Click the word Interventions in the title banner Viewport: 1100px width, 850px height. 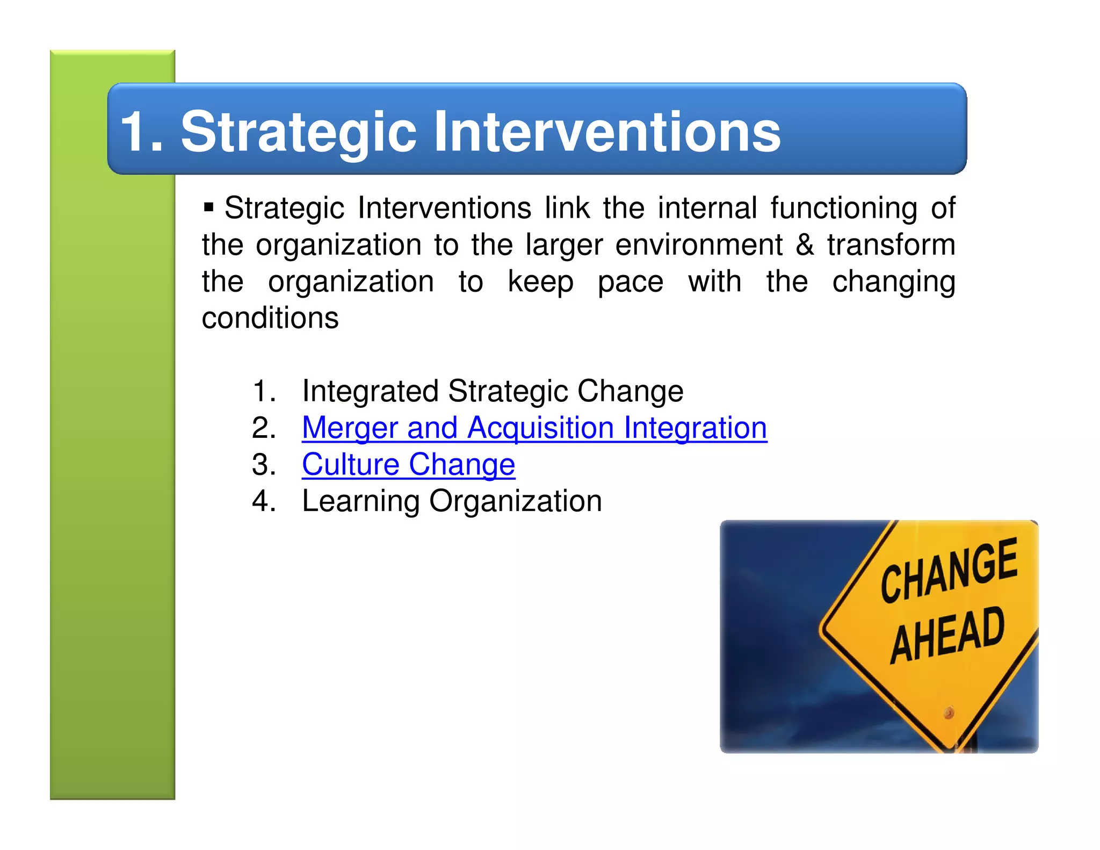(607, 132)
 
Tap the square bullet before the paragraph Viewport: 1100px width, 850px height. (209, 207)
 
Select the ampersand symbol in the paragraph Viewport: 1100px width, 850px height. (804, 244)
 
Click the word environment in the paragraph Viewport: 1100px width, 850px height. (699, 244)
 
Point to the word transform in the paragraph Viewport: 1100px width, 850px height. (891, 244)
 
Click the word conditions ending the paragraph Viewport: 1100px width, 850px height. (270, 318)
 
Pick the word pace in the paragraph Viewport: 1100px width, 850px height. (630, 282)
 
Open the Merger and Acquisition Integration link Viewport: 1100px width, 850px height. (534, 428)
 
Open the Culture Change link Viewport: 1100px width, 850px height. (408, 464)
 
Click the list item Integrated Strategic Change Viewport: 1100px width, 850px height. (492, 391)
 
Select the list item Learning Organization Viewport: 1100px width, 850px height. (451, 501)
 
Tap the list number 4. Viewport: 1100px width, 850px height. (263, 501)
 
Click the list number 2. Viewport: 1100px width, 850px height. (263, 428)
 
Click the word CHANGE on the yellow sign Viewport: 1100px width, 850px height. (949, 570)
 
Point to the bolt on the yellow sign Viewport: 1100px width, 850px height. (949, 713)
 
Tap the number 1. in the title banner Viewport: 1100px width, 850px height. (141, 132)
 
